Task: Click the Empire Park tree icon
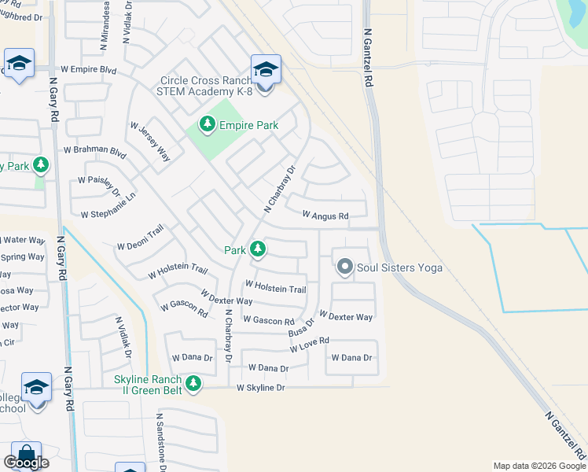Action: pyautogui.click(x=208, y=124)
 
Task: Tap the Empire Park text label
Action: pyautogui.click(x=249, y=124)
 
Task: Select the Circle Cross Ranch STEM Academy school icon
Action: pyautogui.click(x=266, y=70)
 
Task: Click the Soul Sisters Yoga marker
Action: pyautogui.click(x=344, y=267)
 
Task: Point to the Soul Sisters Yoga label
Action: pyautogui.click(x=399, y=267)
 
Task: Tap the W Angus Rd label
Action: pyautogui.click(x=325, y=215)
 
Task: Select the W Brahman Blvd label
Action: pyautogui.click(x=94, y=149)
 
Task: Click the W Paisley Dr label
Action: pyautogui.click(x=99, y=186)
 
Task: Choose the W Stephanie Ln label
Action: pyautogui.click(x=108, y=206)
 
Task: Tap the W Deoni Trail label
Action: pyautogui.click(x=140, y=238)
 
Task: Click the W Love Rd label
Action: pyautogui.click(x=309, y=345)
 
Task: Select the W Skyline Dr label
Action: pyautogui.click(x=260, y=388)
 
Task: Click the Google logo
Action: pyautogui.click(x=26, y=463)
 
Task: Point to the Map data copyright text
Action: pyautogui.click(x=539, y=466)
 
